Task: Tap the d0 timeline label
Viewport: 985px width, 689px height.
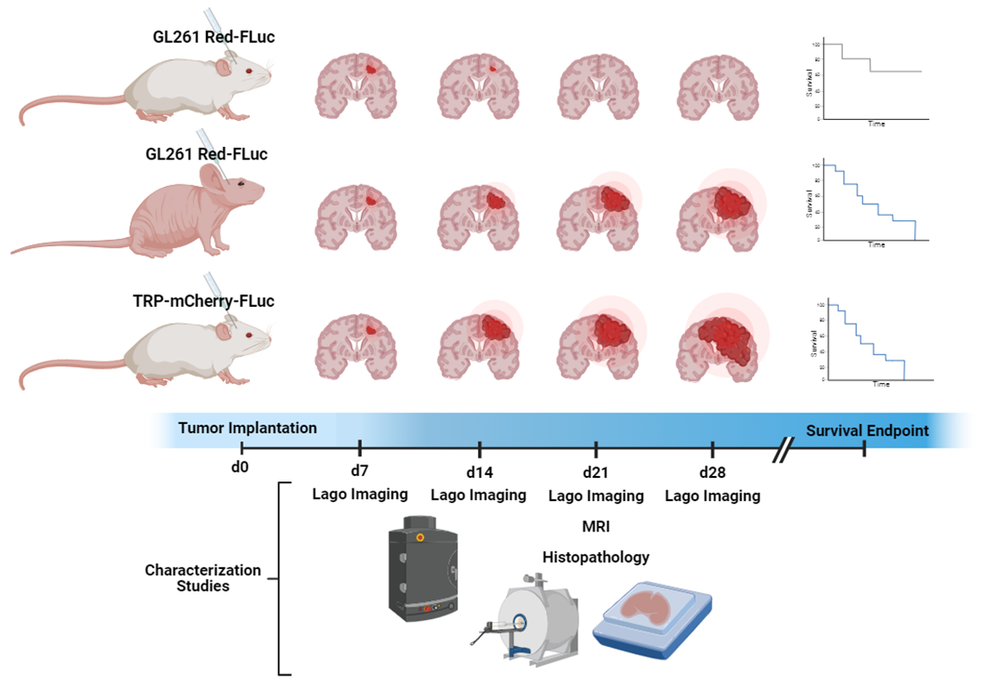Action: pos(239,467)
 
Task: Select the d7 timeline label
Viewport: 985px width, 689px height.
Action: pos(358,472)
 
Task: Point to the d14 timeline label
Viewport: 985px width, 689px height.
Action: pos(479,472)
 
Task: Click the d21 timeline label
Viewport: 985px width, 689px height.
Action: pos(595,472)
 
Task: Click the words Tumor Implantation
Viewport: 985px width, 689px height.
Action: pos(247,428)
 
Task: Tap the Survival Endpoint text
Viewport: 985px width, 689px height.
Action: pos(867,430)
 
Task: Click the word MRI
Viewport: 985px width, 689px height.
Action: pos(595,526)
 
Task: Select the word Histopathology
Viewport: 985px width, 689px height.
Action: pos(595,557)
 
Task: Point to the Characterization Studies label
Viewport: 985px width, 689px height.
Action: pos(203,578)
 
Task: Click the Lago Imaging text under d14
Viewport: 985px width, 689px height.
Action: pos(478,495)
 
